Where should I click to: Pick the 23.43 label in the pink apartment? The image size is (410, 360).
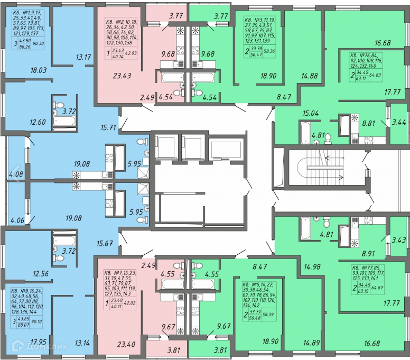click(122, 76)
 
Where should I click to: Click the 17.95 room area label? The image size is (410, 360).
click(24, 341)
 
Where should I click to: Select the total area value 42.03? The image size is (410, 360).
click(131, 53)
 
